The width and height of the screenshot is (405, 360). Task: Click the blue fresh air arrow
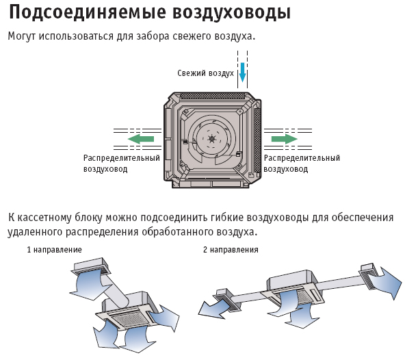(x=242, y=72)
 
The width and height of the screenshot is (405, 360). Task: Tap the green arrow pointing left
(x=141, y=139)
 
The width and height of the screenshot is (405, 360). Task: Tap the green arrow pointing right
(x=284, y=139)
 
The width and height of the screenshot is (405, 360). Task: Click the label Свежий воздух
(x=206, y=73)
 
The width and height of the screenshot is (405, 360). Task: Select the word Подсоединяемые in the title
(x=88, y=12)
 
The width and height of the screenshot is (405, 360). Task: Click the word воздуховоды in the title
(x=232, y=13)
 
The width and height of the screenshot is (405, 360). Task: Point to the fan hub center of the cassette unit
(x=212, y=139)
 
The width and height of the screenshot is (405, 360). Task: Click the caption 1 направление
(x=55, y=250)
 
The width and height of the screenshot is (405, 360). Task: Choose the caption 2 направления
(x=231, y=250)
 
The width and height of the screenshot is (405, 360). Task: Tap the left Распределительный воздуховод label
(x=121, y=164)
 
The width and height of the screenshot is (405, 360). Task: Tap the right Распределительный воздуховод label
(x=302, y=164)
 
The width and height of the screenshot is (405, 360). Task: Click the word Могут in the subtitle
(x=22, y=36)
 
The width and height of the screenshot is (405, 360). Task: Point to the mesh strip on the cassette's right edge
(x=257, y=140)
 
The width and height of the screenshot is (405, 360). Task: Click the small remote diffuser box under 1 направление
(x=90, y=266)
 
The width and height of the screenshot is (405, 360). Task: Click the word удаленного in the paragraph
(x=35, y=232)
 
